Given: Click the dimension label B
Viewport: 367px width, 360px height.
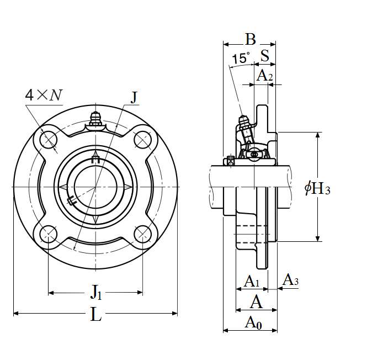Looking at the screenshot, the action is [251, 39].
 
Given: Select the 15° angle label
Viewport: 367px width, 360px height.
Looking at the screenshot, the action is [241, 58].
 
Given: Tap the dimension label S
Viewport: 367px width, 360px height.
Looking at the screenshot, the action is [265, 56].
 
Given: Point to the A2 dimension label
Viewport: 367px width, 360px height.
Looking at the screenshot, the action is [264, 76].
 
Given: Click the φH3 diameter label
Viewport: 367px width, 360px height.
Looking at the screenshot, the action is [317, 189].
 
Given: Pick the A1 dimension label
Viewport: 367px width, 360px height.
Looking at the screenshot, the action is [252, 281].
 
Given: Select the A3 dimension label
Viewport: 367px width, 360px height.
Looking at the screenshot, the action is [290, 279].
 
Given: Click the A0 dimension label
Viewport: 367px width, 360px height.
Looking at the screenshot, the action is [253, 322].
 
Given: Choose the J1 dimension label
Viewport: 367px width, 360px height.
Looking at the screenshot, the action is [96, 292].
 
